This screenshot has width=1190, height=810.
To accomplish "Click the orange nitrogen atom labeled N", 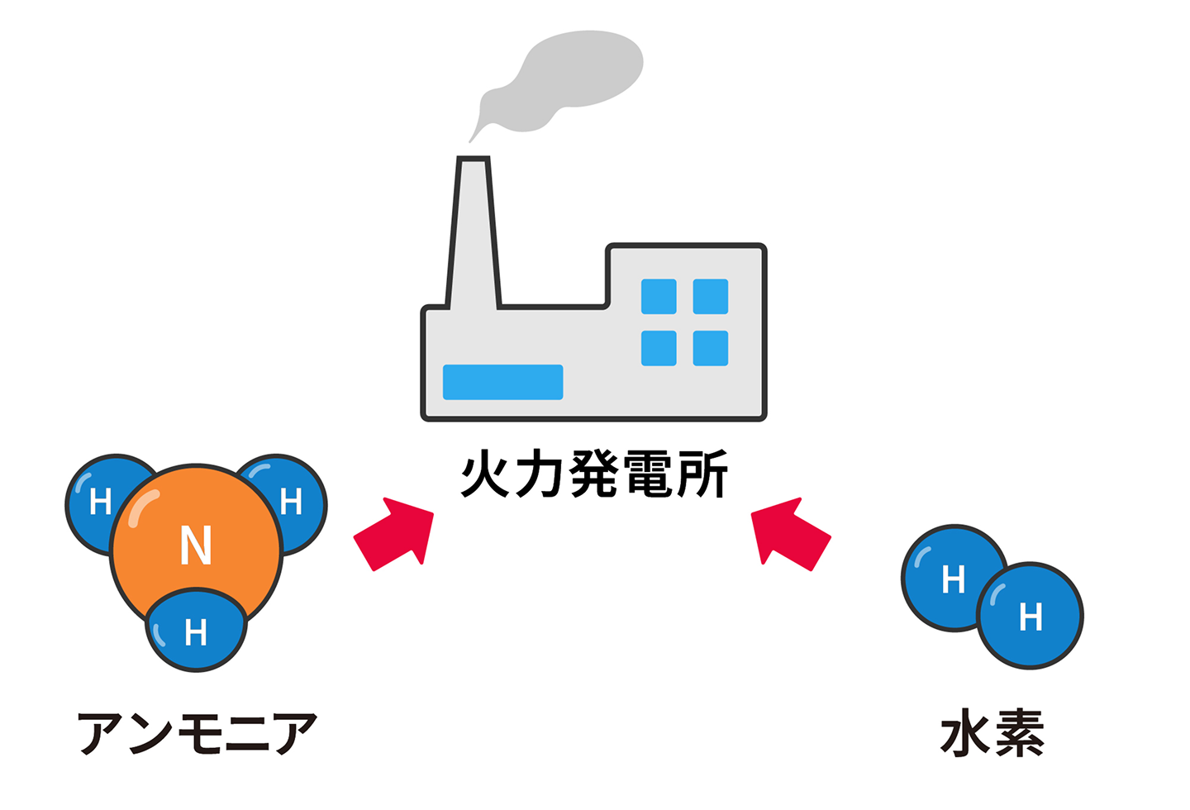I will pyautogui.click(x=197, y=546).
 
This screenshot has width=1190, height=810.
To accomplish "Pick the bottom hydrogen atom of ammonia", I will pyautogui.click(x=196, y=633).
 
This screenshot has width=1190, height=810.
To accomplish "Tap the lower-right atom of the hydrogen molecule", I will pyautogui.click(x=1031, y=617).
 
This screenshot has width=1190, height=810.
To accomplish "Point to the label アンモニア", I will pyautogui.click(x=197, y=733).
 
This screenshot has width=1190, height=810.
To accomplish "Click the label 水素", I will pyautogui.click(x=992, y=733).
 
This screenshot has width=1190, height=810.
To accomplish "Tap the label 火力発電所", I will pyautogui.click(x=594, y=474).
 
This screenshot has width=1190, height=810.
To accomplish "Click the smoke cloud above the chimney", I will pyautogui.click(x=570, y=79).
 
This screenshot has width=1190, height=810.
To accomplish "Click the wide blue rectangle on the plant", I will pyautogui.click(x=502, y=382).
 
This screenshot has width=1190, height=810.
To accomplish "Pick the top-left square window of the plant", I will pyautogui.click(x=659, y=297).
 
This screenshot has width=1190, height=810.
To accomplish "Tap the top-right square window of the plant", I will pyautogui.click(x=710, y=297).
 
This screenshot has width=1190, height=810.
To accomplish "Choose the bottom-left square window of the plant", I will pyautogui.click(x=659, y=348).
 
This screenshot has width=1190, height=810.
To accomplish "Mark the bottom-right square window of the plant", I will pyautogui.click(x=710, y=348).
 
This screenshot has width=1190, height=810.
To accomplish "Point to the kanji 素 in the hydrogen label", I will pyautogui.click(x=1020, y=733).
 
